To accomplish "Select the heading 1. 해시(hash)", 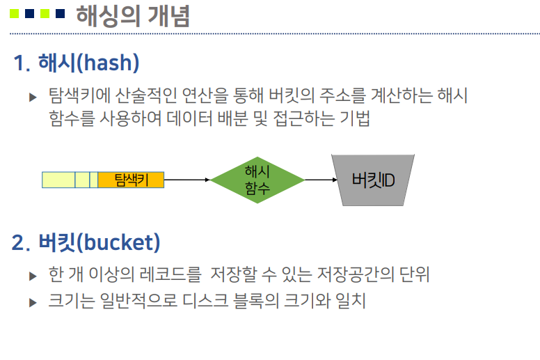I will [77, 63].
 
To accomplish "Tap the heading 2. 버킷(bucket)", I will [86, 242].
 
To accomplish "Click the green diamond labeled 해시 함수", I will [257, 180].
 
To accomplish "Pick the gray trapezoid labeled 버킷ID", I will [374, 180].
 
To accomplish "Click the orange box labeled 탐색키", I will [131, 180].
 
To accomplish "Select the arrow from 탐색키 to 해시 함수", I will [186, 180].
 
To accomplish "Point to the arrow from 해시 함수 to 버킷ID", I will [320, 180].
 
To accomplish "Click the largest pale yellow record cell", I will [58, 180].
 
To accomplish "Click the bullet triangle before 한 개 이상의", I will [33, 276].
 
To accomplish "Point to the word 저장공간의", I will [356, 274].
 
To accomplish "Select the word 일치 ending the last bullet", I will [351, 302].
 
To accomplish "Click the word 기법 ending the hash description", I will [355, 118].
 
